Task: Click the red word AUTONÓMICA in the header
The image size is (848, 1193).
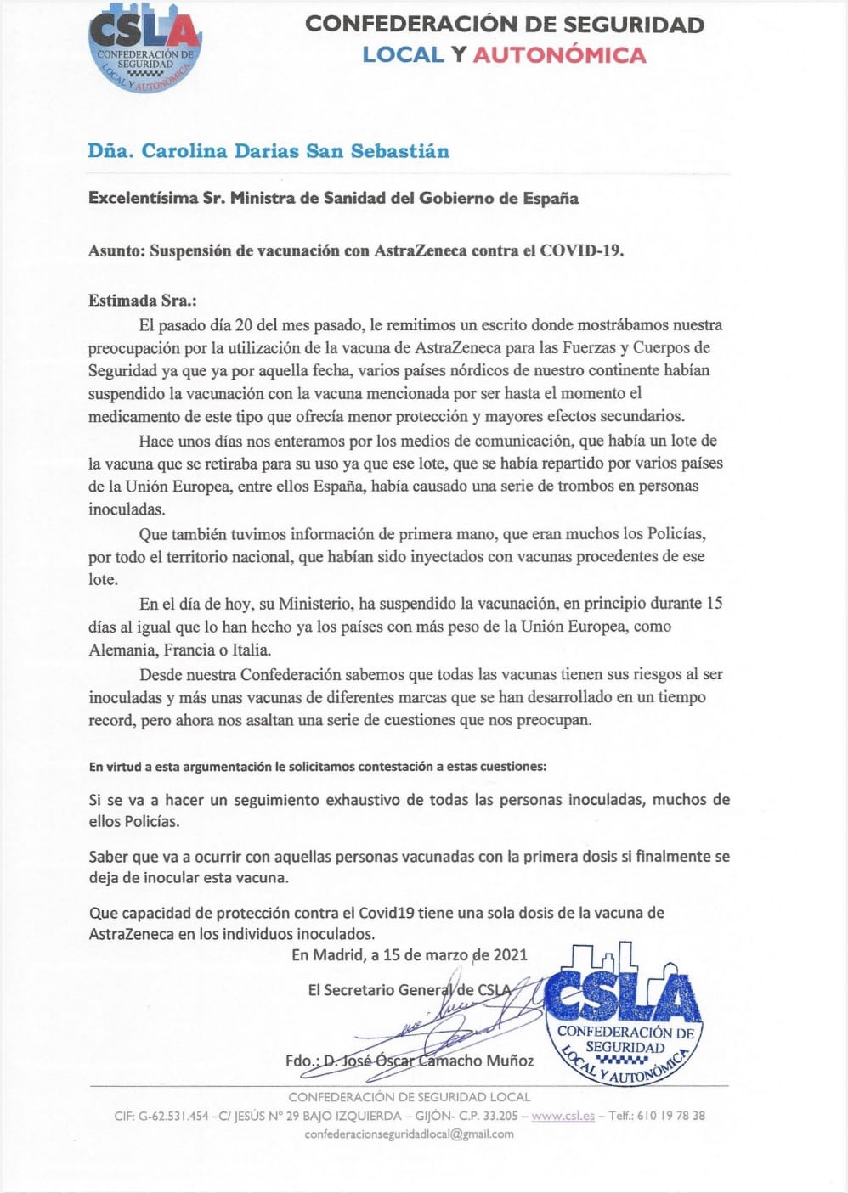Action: pyautogui.click(x=559, y=55)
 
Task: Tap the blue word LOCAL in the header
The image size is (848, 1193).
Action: pyautogui.click(x=403, y=55)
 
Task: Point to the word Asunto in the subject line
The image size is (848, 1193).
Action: pyautogui.click(x=116, y=251)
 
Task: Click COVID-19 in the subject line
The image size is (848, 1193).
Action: pyautogui.click(x=581, y=251)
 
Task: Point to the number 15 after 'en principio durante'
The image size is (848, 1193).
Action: pyautogui.click(x=715, y=604)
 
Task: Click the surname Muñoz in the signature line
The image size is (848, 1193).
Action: pyautogui.click(x=510, y=1061)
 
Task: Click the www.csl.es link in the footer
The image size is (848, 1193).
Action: pyautogui.click(x=563, y=1116)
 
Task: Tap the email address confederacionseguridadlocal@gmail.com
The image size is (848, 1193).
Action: pyautogui.click(x=409, y=1134)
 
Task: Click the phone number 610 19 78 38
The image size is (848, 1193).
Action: pyautogui.click(x=670, y=1116)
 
